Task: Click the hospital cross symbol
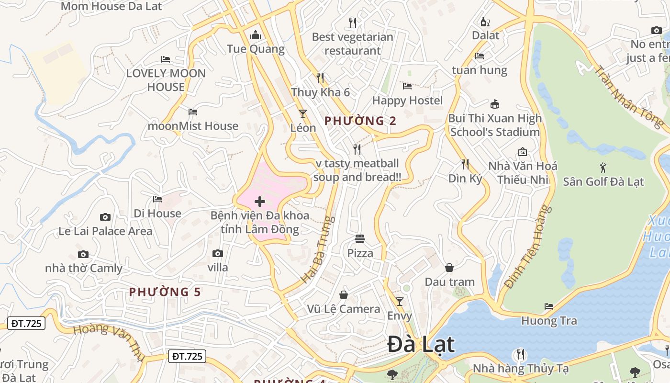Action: click(x=260, y=202)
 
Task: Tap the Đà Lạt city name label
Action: click(x=421, y=344)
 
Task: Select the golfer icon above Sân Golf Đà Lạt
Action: click(x=603, y=168)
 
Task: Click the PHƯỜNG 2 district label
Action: click(x=360, y=121)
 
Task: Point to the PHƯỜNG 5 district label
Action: click(x=165, y=292)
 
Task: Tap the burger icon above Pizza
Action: click(x=360, y=238)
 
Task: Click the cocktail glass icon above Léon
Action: click(x=303, y=113)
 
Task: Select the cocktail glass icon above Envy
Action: click(x=400, y=302)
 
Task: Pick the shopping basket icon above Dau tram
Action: click(x=449, y=267)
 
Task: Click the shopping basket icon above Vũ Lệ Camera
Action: click(x=344, y=294)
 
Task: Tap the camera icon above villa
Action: click(x=218, y=253)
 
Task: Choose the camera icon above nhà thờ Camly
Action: click(x=83, y=254)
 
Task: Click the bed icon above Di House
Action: click(x=157, y=199)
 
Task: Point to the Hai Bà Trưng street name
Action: click(x=316, y=249)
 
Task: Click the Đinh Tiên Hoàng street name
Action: click(x=525, y=248)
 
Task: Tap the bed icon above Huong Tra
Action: click(x=549, y=306)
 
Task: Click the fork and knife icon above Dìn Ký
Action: click(x=465, y=164)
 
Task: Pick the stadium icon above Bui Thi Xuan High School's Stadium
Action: click(x=495, y=104)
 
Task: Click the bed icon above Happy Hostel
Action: click(x=407, y=86)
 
